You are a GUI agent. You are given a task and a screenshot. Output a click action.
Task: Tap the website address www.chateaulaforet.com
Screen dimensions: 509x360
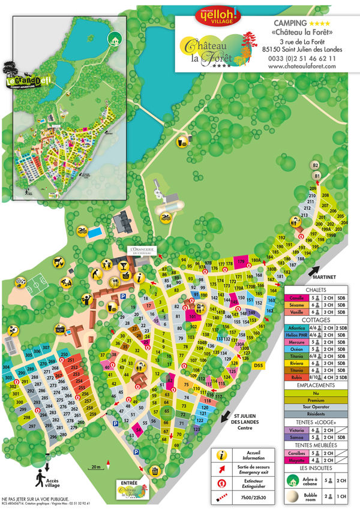[302, 67]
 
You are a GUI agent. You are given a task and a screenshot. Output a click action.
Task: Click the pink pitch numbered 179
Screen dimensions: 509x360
[241, 262]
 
